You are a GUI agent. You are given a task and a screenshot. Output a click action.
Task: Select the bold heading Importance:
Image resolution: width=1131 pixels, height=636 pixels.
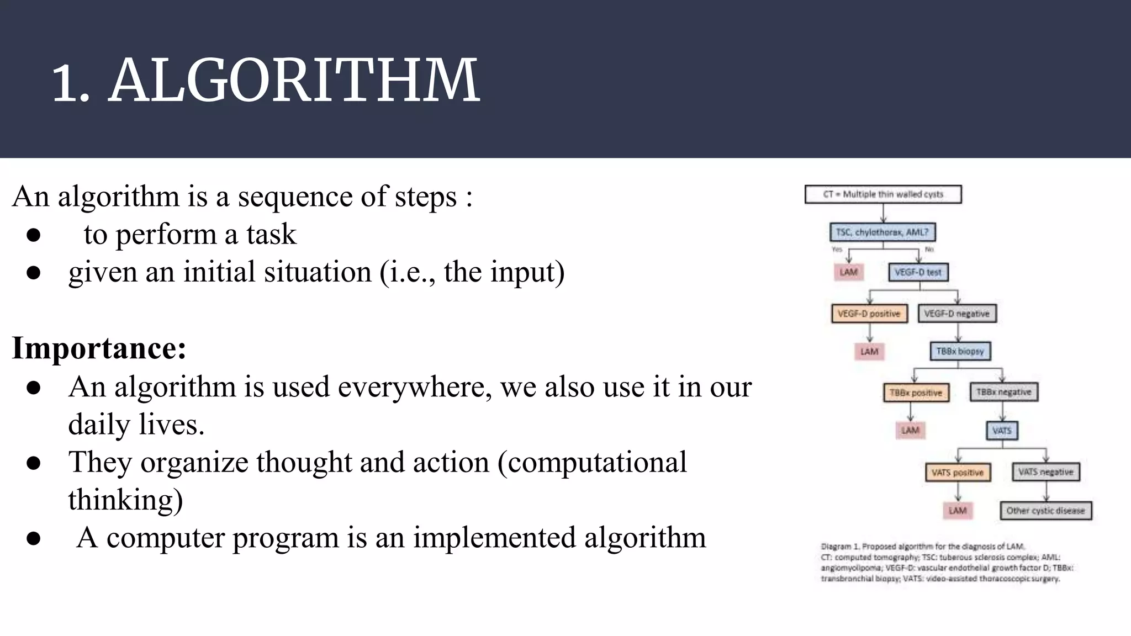[99, 348]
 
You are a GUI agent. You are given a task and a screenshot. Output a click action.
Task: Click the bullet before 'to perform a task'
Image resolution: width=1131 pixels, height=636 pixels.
[34, 235]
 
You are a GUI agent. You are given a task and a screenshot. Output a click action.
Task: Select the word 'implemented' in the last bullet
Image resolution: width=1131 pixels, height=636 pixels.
[494, 538]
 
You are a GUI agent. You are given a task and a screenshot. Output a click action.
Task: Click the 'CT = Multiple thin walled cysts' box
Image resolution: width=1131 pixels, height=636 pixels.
[882, 194]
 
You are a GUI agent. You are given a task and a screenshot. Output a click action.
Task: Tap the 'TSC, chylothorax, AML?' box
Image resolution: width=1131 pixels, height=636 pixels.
[882, 232]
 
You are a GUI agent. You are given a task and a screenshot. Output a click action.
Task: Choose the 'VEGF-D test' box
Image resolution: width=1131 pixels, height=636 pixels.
[917, 272]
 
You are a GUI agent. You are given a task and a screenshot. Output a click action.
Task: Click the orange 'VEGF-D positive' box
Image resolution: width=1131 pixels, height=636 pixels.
[869, 314]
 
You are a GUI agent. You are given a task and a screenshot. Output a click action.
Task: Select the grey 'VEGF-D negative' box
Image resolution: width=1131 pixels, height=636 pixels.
[956, 314]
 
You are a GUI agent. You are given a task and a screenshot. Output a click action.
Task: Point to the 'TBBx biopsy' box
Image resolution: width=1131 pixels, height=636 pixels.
[960, 351]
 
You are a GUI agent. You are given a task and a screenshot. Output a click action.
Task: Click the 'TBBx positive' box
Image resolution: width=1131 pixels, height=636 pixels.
[915, 393]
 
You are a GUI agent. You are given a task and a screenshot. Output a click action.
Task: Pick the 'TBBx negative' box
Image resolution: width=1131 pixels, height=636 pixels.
[1003, 392]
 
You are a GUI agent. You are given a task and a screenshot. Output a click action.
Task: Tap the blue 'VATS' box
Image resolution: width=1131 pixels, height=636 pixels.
[1002, 430]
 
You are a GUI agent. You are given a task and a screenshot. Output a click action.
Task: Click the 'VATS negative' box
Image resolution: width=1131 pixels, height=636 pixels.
[1045, 472]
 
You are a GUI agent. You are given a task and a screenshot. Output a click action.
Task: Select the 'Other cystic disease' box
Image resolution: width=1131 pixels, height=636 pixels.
[1045, 511]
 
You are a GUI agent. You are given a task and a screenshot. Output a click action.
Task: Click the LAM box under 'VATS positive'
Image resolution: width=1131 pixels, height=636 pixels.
[958, 511]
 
